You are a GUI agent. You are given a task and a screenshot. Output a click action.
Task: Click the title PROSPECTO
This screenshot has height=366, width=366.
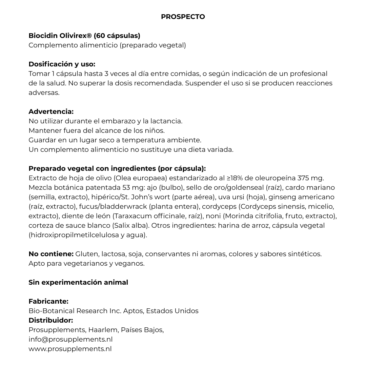pos(183,17)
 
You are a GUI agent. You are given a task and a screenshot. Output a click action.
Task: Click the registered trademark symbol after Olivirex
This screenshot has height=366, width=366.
pos(89,35)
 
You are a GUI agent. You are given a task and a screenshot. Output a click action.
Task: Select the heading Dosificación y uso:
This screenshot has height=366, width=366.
pos(62,64)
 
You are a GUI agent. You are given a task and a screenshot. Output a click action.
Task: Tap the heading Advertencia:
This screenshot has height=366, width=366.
pos(51,111)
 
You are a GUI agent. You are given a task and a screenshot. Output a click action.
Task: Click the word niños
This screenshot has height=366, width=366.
pos(156,130)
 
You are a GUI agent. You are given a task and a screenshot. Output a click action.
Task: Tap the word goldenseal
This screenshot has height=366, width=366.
pos(247,187)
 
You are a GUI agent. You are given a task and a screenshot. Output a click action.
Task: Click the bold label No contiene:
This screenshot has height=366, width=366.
pos(51,254)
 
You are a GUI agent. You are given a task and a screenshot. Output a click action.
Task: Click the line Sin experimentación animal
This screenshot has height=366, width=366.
pos(78,282)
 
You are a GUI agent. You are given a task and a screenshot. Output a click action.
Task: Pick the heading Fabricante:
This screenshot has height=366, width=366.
pos(48,301)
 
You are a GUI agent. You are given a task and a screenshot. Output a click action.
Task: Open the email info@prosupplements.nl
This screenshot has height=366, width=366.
pos(70,339)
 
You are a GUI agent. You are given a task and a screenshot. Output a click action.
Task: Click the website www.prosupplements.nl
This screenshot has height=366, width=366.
pos(70,349)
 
